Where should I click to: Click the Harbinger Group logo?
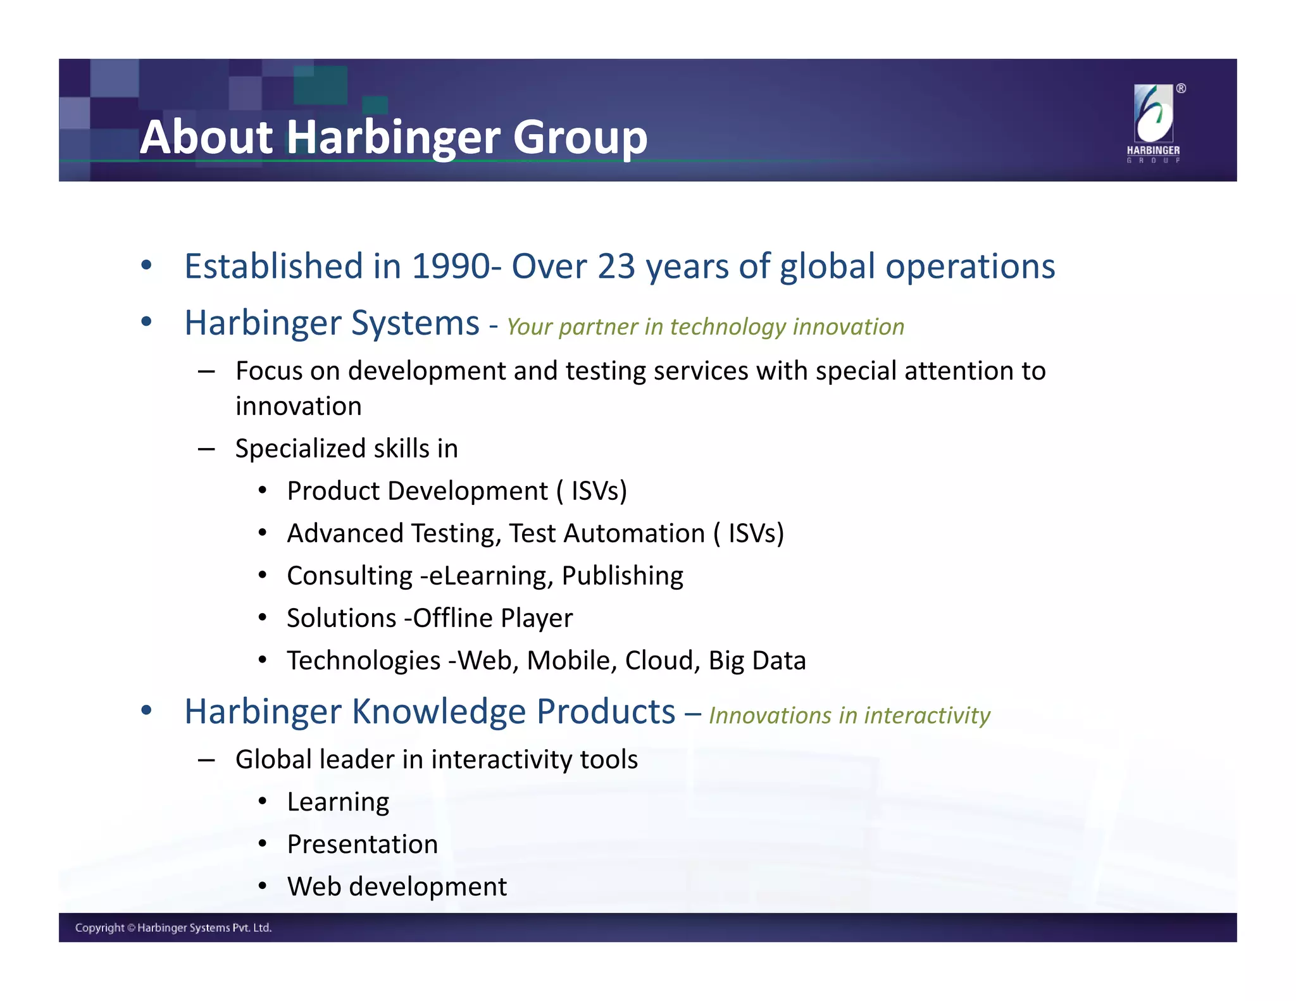pyautogui.click(x=1153, y=122)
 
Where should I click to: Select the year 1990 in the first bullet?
pyautogui.click(x=451, y=266)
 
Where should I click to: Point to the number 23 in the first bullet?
pyautogui.click(x=616, y=266)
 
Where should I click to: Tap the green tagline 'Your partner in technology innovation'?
pyautogui.click(x=705, y=327)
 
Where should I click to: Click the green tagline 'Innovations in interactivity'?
pyautogui.click(x=849, y=716)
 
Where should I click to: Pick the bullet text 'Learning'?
pyautogui.click(x=338, y=802)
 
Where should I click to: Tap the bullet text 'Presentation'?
pyautogui.click(x=362, y=845)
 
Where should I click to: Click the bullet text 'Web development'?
pyautogui.click(x=397, y=887)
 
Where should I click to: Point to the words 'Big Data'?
pyautogui.click(x=757, y=661)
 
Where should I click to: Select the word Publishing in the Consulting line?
pyautogui.click(x=622, y=576)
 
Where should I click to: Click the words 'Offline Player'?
pyautogui.click(x=492, y=618)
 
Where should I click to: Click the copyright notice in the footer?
pyautogui.click(x=173, y=928)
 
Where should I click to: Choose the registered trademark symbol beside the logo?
pyautogui.click(x=1181, y=89)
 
